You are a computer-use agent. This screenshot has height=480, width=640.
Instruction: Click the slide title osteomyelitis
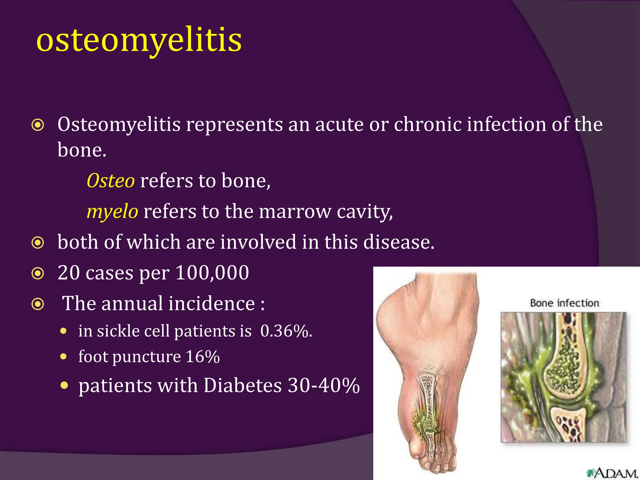(x=139, y=41)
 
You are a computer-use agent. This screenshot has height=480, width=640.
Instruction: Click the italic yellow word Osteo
(x=111, y=181)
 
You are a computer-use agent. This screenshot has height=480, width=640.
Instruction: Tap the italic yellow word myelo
(x=112, y=212)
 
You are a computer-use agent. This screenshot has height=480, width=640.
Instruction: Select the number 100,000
(x=212, y=272)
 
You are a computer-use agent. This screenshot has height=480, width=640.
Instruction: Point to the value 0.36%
(x=286, y=331)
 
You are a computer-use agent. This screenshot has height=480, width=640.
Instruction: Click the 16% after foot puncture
(x=203, y=357)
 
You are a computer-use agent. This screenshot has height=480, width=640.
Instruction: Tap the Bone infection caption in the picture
(x=564, y=303)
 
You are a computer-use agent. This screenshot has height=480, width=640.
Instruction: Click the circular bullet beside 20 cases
(x=38, y=273)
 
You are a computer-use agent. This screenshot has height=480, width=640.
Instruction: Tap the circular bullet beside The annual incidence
(x=38, y=304)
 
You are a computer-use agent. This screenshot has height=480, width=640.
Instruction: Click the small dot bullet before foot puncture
(x=64, y=357)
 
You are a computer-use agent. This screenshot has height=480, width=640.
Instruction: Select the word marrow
(x=295, y=212)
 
